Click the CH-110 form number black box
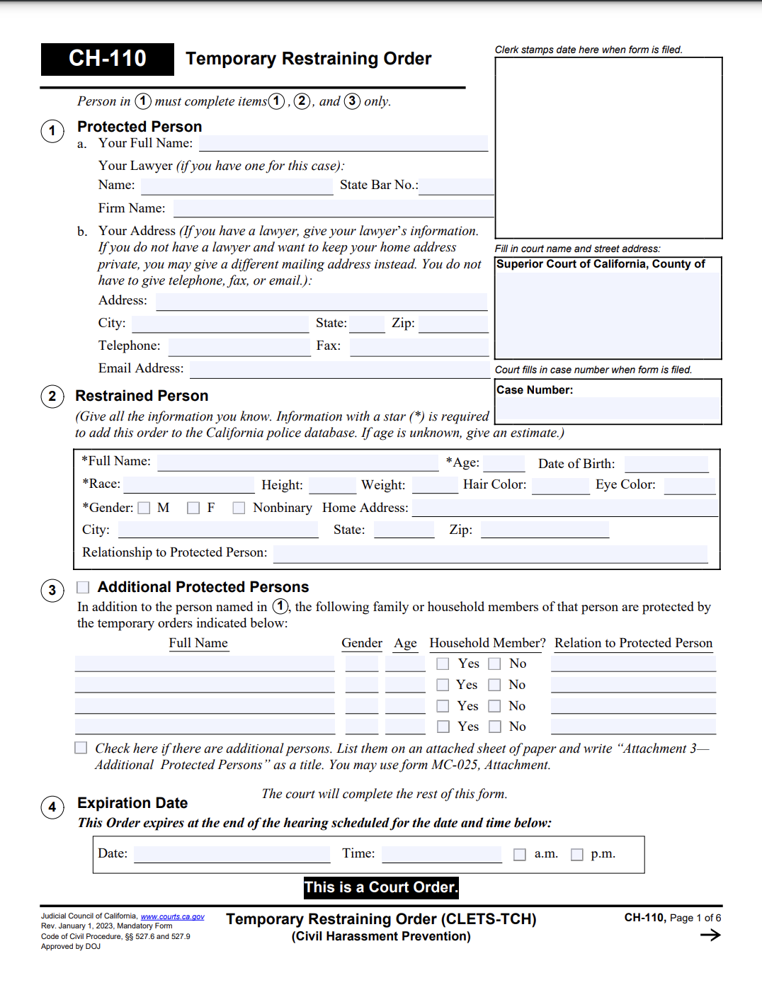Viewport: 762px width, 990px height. click(x=108, y=59)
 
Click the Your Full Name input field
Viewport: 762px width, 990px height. click(x=343, y=143)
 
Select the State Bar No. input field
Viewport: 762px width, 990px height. click(x=456, y=186)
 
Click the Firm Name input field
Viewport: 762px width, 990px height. click(x=333, y=208)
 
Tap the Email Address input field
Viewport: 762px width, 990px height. click(x=339, y=369)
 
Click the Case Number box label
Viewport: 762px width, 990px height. click(x=535, y=390)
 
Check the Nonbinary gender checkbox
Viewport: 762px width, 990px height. click(x=239, y=508)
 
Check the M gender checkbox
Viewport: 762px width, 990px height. click(x=144, y=508)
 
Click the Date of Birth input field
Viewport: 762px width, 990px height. click(x=666, y=464)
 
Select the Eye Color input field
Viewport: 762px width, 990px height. click(x=689, y=486)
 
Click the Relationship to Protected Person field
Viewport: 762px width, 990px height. click(x=490, y=554)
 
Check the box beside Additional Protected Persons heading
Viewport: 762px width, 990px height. click(x=83, y=587)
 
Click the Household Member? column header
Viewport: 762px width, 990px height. click(x=487, y=643)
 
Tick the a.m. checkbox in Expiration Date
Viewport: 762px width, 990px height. click(x=520, y=855)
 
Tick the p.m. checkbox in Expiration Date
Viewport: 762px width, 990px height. click(x=577, y=855)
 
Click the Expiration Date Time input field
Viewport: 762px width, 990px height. click(x=441, y=854)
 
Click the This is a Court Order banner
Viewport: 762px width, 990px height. click(x=381, y=887)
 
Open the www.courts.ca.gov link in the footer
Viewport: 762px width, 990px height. click(x=172, y=916)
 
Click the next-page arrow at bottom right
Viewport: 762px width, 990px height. click(x=710, y=935)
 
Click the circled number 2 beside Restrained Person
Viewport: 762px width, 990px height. click(x=52, y=396)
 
